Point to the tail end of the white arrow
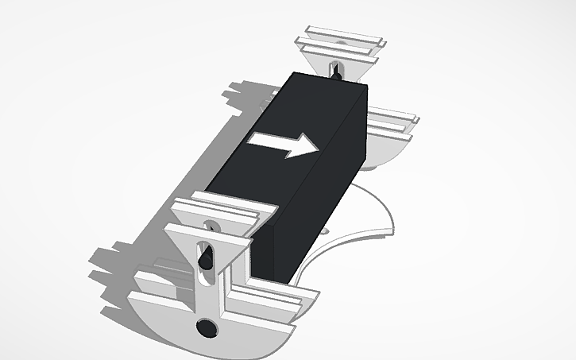[x=252, y=139]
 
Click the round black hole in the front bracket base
[x=207, y=327]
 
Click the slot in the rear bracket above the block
[x=336, y=69]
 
